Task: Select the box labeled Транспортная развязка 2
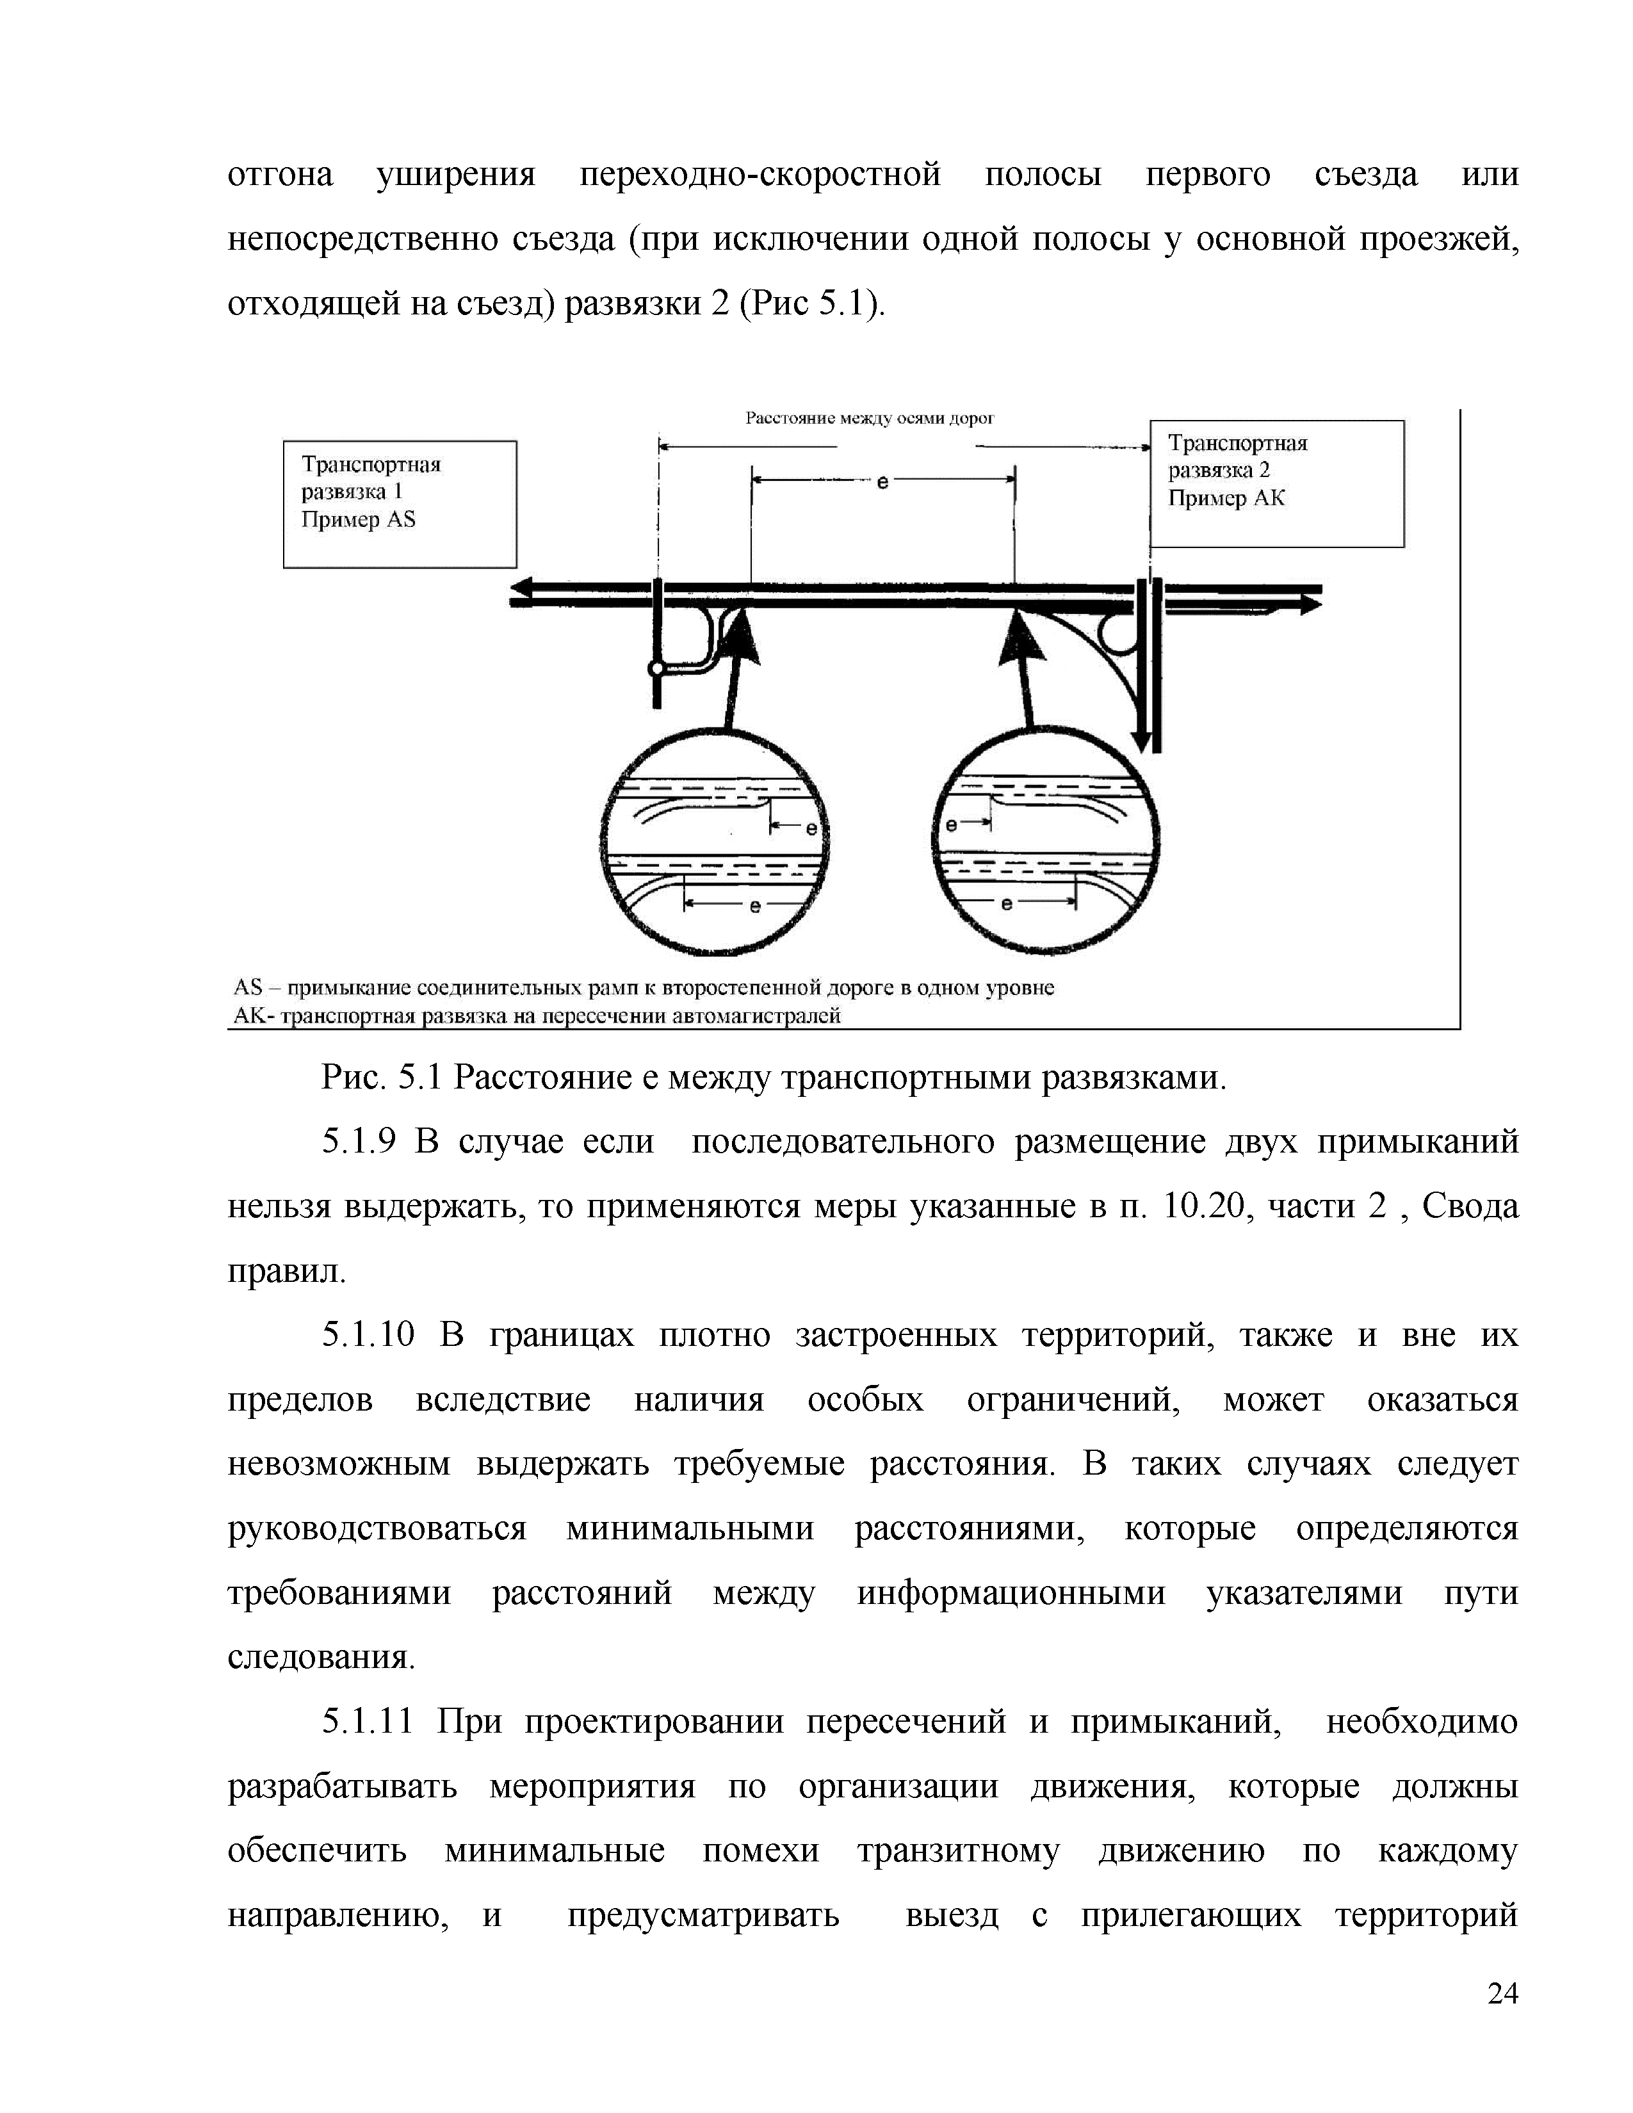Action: coord(1276,483)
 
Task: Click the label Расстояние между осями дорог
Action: coord(869,418)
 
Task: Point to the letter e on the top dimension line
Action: coord(882,481)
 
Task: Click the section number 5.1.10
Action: coord(368,1335)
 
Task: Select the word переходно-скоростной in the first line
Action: coord(760,175)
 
